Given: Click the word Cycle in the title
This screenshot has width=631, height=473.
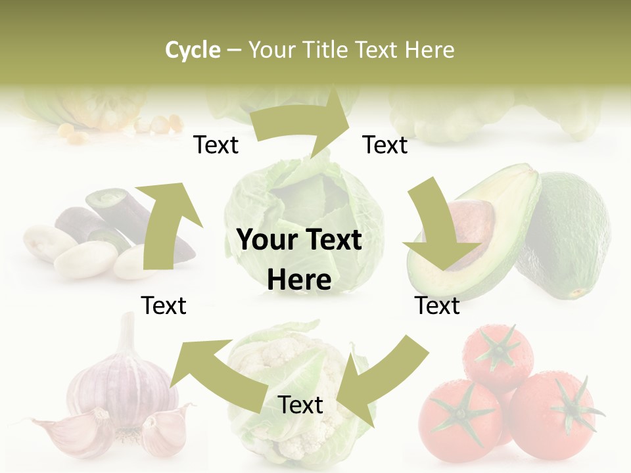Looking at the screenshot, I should [x=193, y=50].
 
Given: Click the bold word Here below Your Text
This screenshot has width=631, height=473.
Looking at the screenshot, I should [x=299, y=280].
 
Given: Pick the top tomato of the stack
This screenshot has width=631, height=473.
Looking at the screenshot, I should [x=498, y=355].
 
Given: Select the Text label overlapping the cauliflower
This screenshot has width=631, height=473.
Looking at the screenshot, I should [x=300, y=405].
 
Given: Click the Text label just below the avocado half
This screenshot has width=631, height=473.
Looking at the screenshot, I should [x=437, y=305].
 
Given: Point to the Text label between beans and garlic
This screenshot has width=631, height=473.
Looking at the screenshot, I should [x=164, y=305].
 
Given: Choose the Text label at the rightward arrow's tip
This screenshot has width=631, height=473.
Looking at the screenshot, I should [x=385, y=145].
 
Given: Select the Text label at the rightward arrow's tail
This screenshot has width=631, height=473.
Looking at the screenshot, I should [x=216, y=145].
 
